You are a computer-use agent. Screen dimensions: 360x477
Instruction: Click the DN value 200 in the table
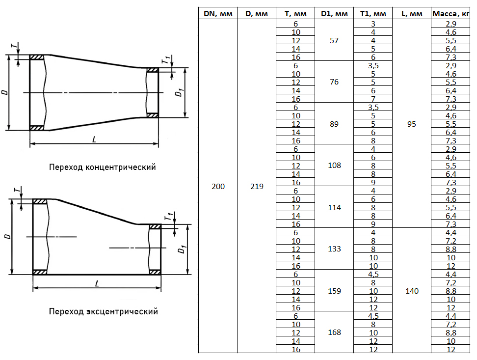[x=218, y=186]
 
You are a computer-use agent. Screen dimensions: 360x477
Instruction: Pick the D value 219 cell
[x=256, y=186]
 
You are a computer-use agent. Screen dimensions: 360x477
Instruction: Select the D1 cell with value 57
[x=334, y=40]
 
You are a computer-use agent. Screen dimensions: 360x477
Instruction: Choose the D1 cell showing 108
[x=334, y=166]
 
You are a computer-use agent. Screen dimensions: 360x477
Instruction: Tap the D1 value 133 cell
[x=334, y=249]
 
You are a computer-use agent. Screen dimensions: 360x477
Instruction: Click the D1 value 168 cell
[x=334, y=332]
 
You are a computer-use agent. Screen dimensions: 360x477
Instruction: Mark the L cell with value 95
[x=412, y=124]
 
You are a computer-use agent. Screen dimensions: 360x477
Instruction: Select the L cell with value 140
[x=412, y=291]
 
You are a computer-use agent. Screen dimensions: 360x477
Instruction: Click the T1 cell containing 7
[x=373, y=99]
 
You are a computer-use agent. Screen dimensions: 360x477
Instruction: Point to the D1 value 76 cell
[x=334, y=82]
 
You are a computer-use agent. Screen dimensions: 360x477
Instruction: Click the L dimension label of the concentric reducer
[x=94, y=139]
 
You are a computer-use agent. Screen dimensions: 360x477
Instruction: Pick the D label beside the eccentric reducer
[x=7, y=236]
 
